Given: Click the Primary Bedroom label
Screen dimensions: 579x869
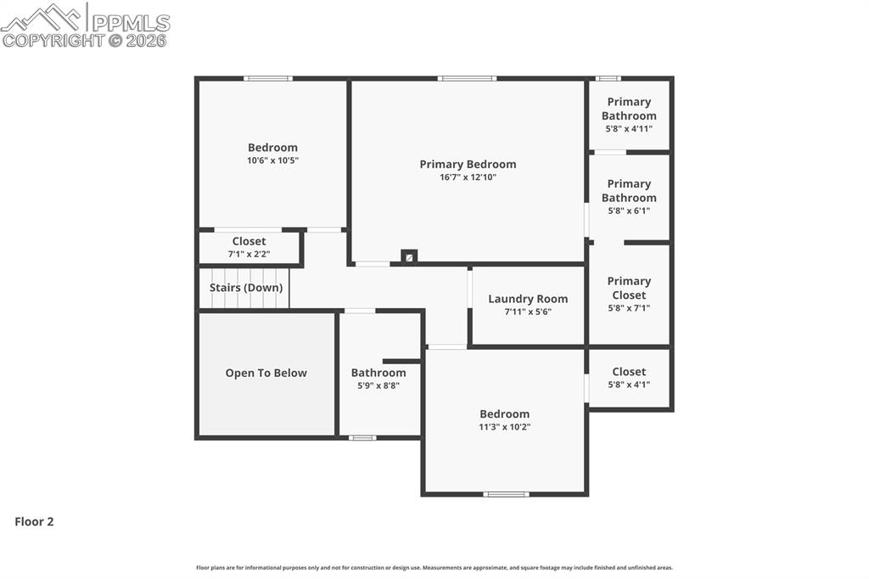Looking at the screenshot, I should [x=468, y=165].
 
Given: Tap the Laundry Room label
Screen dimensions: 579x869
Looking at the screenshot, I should [x=528, y=299].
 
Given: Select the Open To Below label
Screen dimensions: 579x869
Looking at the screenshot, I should [x=266, y=373].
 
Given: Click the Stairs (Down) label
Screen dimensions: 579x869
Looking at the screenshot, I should [x=246, y=288].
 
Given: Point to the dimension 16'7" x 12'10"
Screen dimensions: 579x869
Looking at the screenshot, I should [x=468, y=177].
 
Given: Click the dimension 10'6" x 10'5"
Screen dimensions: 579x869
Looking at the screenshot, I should [x=272, y=160].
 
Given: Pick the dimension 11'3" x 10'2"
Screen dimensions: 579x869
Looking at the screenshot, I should [x=504, y=427].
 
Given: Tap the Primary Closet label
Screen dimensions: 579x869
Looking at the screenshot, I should [x=629, y=288].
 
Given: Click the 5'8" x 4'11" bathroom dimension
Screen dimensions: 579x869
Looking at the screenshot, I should [x=629, y=129].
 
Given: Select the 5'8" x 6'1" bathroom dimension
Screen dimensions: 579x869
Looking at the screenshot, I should [x=629, y=211].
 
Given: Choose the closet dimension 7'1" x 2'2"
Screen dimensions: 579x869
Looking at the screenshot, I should [x=249, y=254].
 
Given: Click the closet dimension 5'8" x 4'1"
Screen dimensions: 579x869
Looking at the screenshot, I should [x=629, y=385].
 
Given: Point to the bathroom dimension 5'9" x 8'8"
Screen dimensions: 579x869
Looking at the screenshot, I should [x=378, y=385].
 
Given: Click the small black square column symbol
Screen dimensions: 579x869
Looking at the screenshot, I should [x=409, y=256].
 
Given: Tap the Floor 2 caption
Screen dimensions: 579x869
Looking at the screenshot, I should [x=34, y=522].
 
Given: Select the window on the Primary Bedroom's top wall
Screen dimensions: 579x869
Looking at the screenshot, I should [x=467, y=79].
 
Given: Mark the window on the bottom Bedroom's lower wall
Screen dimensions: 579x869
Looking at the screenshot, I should [x=506, y=494].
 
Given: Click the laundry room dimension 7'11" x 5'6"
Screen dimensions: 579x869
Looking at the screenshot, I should [x=528, y=312].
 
